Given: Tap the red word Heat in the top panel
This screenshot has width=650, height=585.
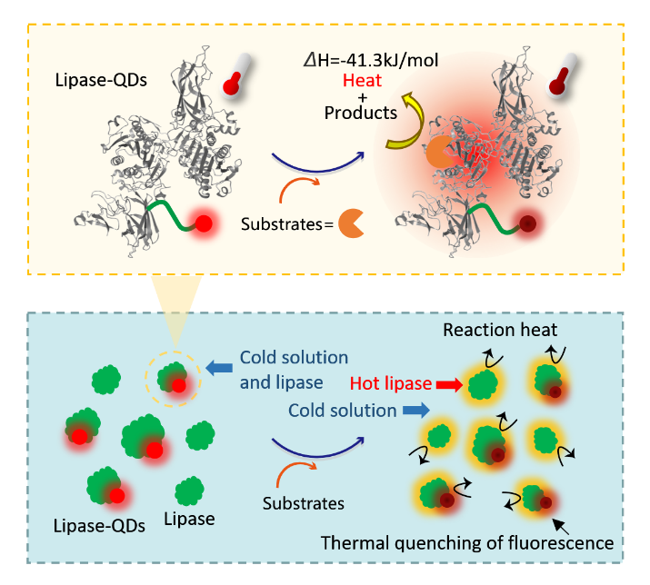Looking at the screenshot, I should point(359,81).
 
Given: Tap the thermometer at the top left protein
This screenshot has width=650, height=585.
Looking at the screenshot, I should point(236,74).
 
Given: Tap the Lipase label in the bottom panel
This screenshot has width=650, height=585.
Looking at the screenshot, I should point(189,519).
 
